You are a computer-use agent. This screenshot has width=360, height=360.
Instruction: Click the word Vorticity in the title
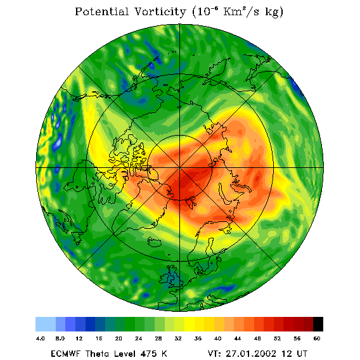pos(160,12)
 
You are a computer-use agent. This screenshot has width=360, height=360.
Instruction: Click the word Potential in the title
pos(101,11)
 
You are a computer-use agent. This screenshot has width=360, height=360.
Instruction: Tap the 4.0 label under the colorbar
pos(40,338)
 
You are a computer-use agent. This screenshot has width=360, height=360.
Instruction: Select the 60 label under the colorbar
pos(317,338)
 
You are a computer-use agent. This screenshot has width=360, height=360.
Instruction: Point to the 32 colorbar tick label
pos(178,338)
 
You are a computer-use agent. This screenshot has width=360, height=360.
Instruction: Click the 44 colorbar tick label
pos(238,338)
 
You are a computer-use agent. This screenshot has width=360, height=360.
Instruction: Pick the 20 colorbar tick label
pos(119,338)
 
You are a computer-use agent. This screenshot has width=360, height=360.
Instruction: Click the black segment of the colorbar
pos(318,324)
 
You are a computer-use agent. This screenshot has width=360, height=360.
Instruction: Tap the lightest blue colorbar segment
pos(46,324)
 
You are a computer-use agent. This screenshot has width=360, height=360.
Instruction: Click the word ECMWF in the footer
pos(65,354)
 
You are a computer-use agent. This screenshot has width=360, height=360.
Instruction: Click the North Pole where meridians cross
pos(179,168)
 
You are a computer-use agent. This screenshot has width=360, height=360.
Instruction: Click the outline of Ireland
pos(165,278)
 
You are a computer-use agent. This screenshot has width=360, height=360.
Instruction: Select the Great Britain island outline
pos(175,277)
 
